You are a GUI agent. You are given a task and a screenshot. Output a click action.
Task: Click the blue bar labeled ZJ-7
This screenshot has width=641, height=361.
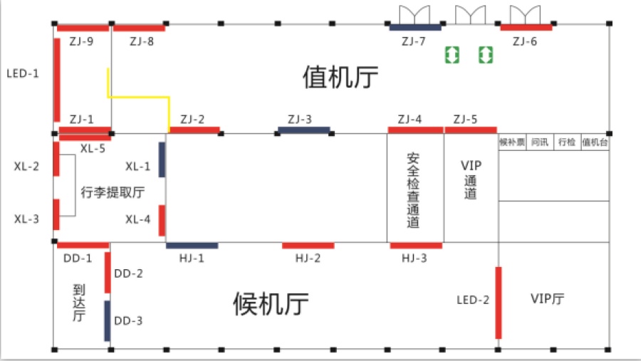point(415,28)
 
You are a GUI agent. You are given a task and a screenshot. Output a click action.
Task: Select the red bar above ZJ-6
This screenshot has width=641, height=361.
point(526,28)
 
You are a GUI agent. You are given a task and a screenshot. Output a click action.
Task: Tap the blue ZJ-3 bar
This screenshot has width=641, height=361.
point(303,130)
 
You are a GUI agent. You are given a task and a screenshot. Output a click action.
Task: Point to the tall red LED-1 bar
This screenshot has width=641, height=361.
point(57,80)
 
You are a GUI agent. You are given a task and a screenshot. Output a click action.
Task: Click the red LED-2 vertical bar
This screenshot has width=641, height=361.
point(499,303)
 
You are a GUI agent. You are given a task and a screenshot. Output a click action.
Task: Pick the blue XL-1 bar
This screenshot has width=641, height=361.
point(162,159)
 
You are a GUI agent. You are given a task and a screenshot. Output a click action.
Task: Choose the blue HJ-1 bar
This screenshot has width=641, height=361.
point(192,246)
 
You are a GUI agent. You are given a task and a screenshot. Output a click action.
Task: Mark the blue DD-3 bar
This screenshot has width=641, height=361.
point(107,321)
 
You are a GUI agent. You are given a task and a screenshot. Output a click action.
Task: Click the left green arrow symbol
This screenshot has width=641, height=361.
point(452,55)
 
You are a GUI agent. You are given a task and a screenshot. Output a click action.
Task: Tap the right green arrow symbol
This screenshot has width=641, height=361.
point(486,55)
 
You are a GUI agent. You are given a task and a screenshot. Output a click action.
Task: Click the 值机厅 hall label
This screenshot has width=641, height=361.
point(340,78)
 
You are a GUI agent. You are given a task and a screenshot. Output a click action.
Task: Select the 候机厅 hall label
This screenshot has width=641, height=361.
point(271,304)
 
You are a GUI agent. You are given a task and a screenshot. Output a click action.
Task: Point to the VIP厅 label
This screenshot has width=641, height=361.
point(548,299)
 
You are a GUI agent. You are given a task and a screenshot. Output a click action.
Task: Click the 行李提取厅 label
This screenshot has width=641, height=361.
point(113,192)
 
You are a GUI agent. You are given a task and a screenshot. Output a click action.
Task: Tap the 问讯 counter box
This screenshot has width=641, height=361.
point(540,142)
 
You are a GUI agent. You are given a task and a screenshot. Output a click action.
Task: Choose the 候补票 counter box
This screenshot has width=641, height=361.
point(512,142)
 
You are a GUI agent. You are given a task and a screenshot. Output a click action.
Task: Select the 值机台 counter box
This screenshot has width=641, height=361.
point(595,142)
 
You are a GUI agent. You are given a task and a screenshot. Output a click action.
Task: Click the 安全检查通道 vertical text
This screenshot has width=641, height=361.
point(413,190)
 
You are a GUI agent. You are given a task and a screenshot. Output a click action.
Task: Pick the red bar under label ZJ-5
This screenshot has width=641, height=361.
point(471,130)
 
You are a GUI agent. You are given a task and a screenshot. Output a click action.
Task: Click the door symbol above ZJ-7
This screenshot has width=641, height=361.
point(415,15)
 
